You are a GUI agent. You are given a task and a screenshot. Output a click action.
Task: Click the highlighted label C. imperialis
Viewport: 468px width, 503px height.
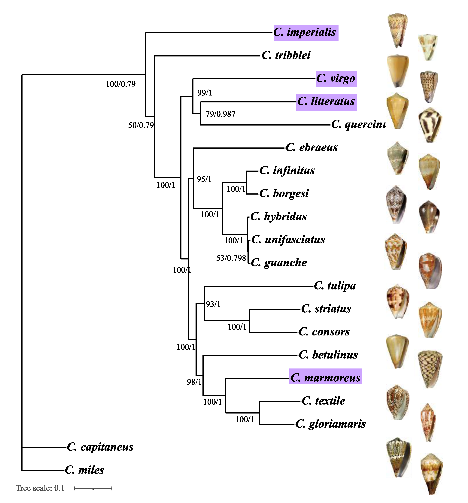point(305,33)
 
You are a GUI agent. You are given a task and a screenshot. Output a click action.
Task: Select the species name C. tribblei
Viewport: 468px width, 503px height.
point(286,55)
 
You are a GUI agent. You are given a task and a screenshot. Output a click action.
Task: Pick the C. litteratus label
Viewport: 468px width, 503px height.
point(326,102)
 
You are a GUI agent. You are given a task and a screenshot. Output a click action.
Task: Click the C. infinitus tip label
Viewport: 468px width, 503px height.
point(287,171)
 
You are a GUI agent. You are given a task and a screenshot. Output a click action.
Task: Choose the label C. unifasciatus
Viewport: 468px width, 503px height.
point(288,240)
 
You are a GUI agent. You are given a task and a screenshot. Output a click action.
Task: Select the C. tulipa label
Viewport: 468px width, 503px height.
point(335,286)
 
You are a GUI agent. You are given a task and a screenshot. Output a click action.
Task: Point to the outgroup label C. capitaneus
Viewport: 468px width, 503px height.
point(100,447)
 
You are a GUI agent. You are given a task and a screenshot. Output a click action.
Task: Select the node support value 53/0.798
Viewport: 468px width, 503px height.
point(231,258)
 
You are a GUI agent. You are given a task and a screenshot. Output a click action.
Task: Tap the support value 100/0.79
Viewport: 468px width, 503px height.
point(121,84)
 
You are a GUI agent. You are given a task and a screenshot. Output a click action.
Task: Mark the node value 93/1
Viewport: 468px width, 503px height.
point(213,304)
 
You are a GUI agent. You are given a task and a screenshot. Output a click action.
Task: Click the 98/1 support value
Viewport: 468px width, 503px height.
point(194,382)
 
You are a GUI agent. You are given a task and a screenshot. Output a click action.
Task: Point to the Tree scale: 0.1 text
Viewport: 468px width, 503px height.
point(40,488)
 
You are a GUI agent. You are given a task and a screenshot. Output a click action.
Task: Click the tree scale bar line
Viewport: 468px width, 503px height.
point(93,488)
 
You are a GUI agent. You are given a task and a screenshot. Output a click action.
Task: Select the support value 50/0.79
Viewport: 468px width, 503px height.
point(141,125)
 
